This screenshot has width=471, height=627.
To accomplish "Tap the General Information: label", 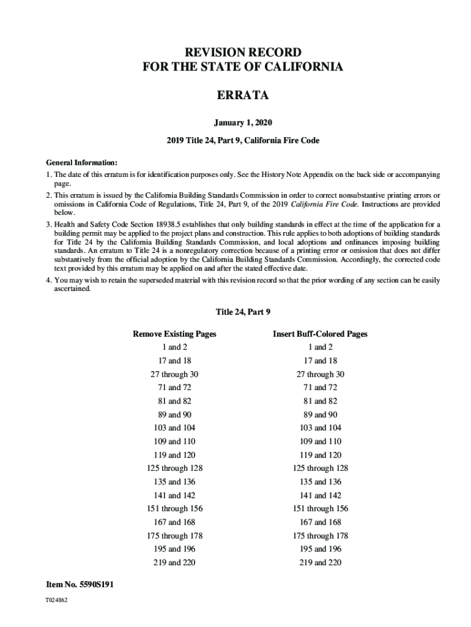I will point(81,163).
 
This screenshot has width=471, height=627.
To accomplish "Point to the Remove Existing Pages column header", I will point(174,334).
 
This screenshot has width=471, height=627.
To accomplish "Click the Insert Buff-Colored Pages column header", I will point(320,334).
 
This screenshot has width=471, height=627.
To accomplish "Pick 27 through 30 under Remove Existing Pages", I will point(174,374).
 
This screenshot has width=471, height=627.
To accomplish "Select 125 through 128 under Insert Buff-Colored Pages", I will point(320,468).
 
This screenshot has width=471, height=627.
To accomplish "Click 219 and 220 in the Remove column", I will point(174,563).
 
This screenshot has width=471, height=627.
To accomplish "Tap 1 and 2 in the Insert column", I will point(320,347).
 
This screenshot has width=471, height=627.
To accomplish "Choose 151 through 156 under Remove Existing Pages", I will point(174,509).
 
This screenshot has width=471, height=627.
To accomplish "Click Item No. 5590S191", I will point(80,585).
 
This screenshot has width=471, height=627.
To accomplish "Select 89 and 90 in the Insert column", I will point(320,415).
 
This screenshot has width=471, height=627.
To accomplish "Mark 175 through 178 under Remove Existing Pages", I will point(174,536).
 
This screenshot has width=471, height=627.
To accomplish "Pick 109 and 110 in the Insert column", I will point(320,441).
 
